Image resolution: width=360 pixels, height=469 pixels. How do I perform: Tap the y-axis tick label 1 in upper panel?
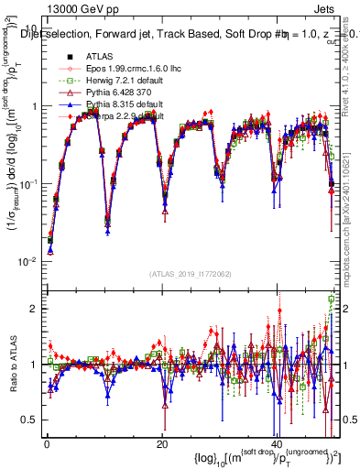pyautogui.click(x=34, y=107)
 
